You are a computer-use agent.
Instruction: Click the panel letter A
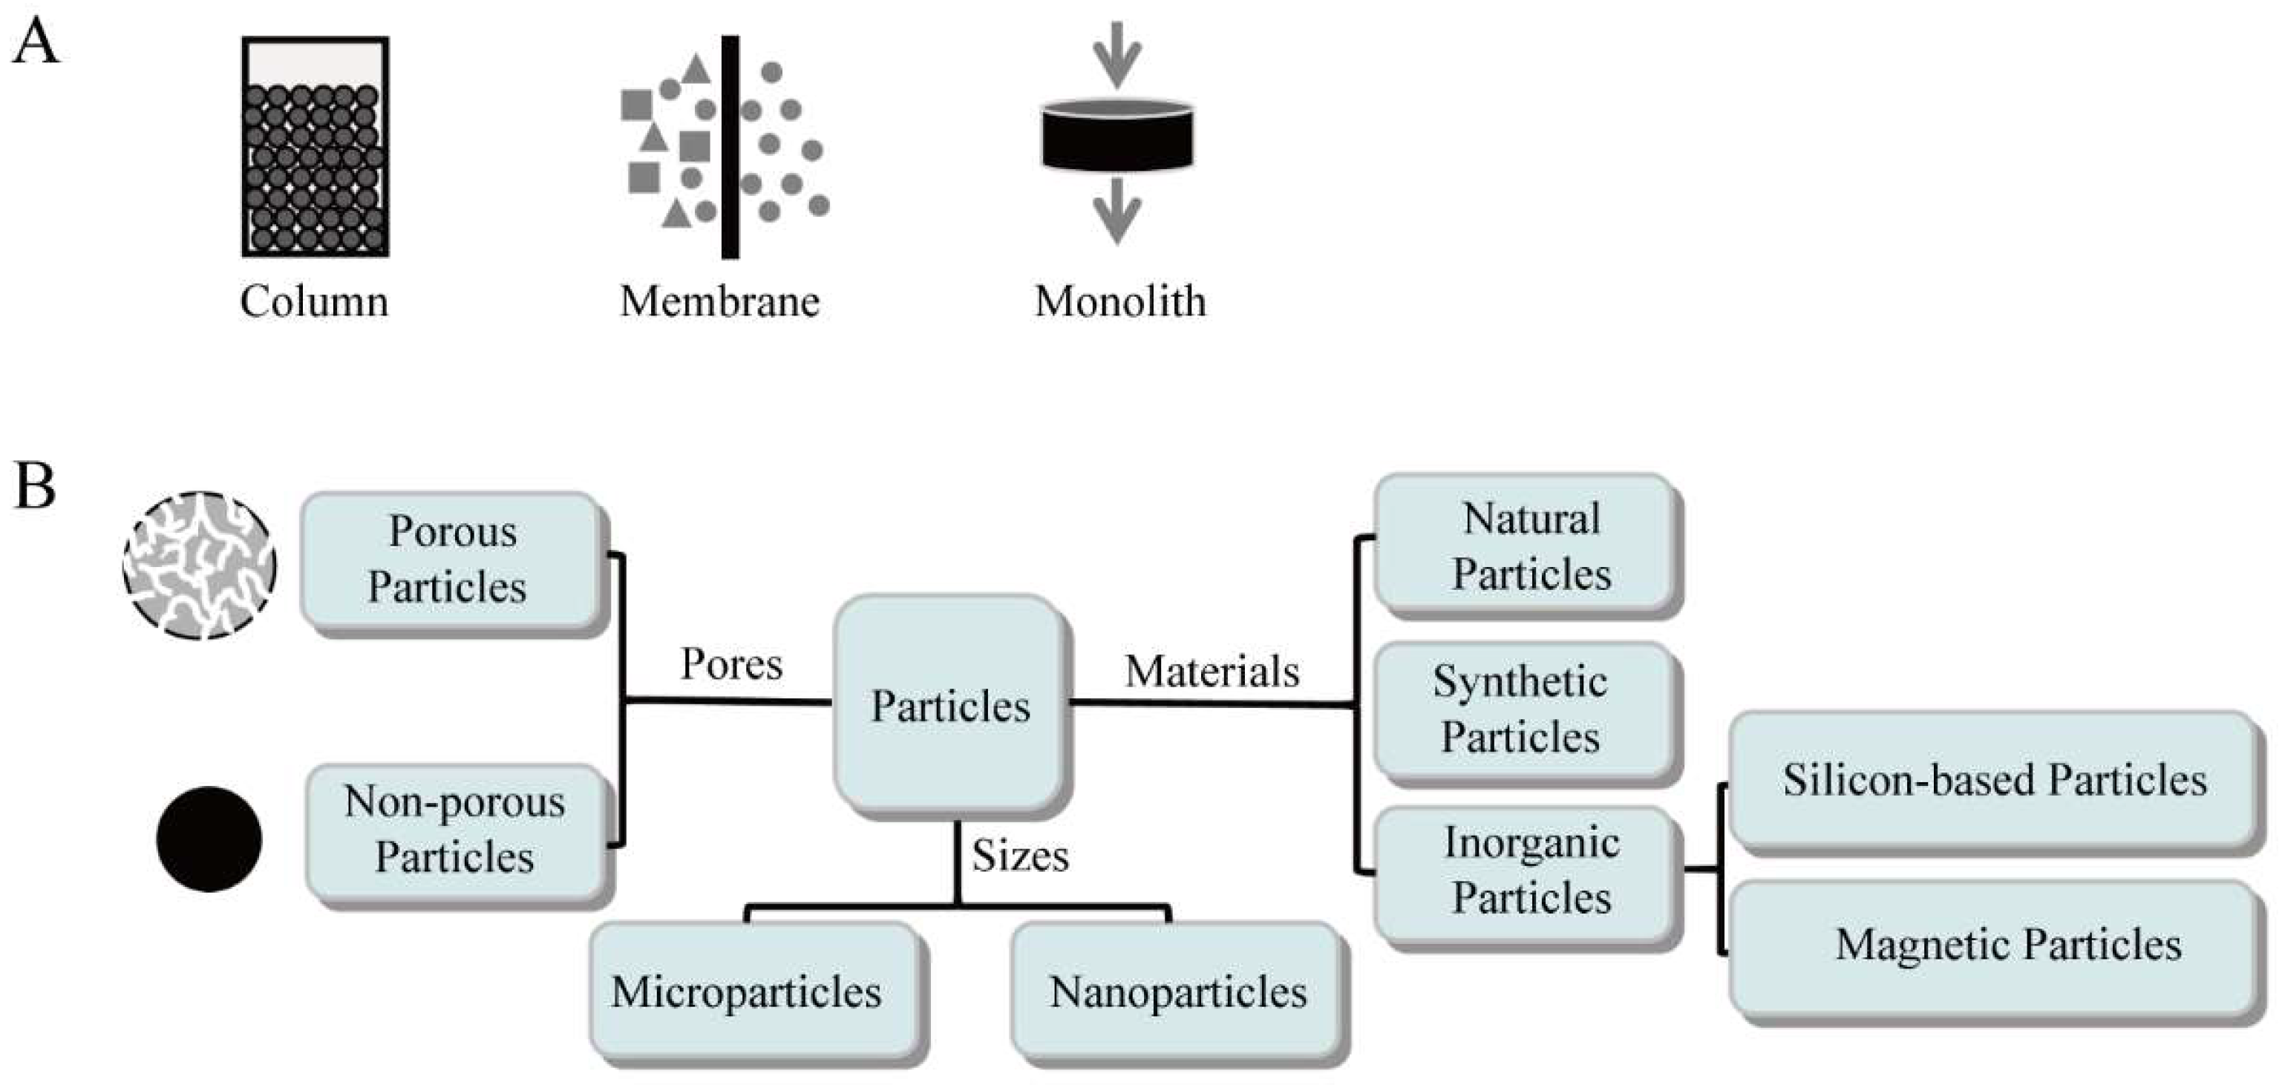tap(35, 42)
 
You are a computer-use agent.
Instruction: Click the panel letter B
tap(35, 486)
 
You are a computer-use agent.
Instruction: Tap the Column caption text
tap(313, 301)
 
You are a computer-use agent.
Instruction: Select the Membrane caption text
tap(719, 301)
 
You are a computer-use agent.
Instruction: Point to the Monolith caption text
tap(1119, 301)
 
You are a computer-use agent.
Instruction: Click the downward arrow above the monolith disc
tap(1117, 53)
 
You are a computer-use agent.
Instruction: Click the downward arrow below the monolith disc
tap(1117, 211)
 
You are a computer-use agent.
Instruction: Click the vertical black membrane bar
tap(730, 147)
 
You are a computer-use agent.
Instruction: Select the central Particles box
tap(949, 705)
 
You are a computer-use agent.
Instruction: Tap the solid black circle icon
tap(209, 838)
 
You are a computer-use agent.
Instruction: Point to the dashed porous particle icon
tap(199, 565)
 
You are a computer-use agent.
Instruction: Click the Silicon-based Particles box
tap(1993, 779)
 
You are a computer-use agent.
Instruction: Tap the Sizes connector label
tap(1020, 856)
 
